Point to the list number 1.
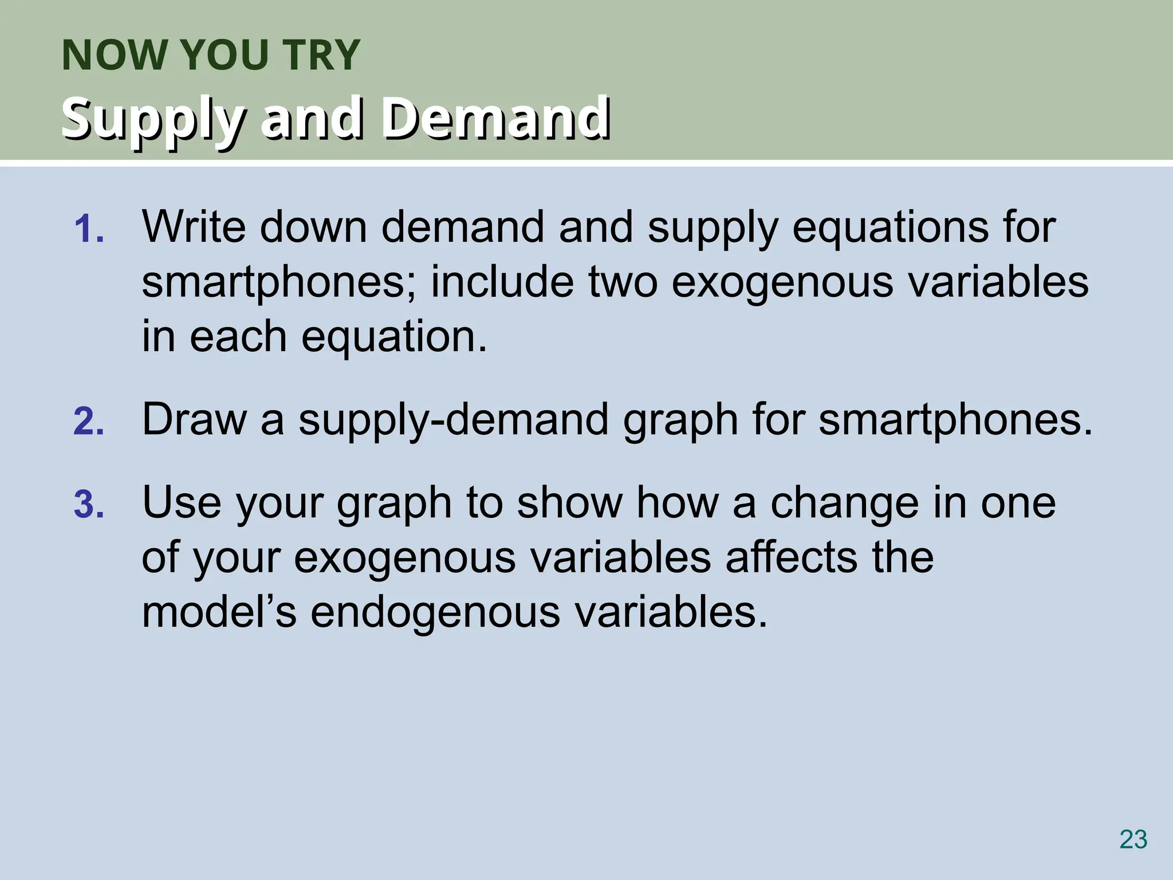[x=89, y=229]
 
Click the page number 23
[x=1133, y=840]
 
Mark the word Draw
[x=194, y=419]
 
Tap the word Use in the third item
[x=182, y=502]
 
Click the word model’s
[x=219, y=612]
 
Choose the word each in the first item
[x=238, y=337]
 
